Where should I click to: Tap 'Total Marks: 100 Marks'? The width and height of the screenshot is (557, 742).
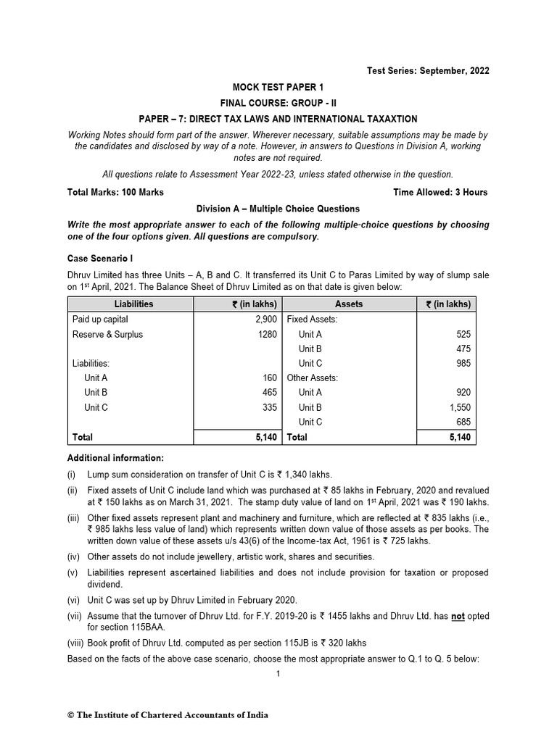point(115,192)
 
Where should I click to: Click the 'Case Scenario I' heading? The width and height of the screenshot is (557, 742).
point(100,258)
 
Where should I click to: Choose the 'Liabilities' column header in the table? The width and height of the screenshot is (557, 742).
point(134,304)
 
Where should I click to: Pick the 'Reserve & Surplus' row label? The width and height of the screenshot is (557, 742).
point(107,334)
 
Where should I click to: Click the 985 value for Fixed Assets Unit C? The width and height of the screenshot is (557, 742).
point(463,363)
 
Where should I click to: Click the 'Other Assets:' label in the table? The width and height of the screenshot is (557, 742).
point(313,378)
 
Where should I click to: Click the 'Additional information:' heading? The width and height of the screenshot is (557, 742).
point(115,458)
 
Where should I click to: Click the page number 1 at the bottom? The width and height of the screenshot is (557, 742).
point(278,673)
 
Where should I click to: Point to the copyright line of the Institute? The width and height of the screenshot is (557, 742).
point(168,715)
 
